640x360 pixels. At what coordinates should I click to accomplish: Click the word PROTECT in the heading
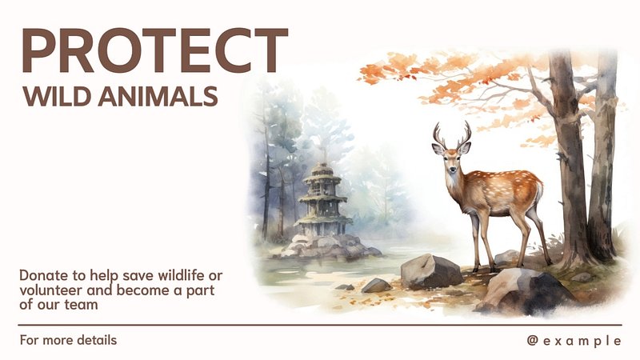[155, 50]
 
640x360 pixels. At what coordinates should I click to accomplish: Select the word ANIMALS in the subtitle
[158, 96]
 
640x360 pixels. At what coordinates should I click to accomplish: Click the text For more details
[68, 340]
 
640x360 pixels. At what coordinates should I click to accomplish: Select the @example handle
[574, 341]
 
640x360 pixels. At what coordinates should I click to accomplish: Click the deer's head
[451, 158]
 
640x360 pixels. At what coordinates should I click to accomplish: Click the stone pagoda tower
[322, 199]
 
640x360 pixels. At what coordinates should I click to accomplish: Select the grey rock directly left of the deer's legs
[431, 271]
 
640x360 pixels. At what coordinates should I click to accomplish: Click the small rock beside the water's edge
[376, 286]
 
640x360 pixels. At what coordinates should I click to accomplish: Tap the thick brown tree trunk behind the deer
[570, 159]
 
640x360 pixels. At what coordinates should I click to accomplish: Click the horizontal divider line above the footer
[320, 326]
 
